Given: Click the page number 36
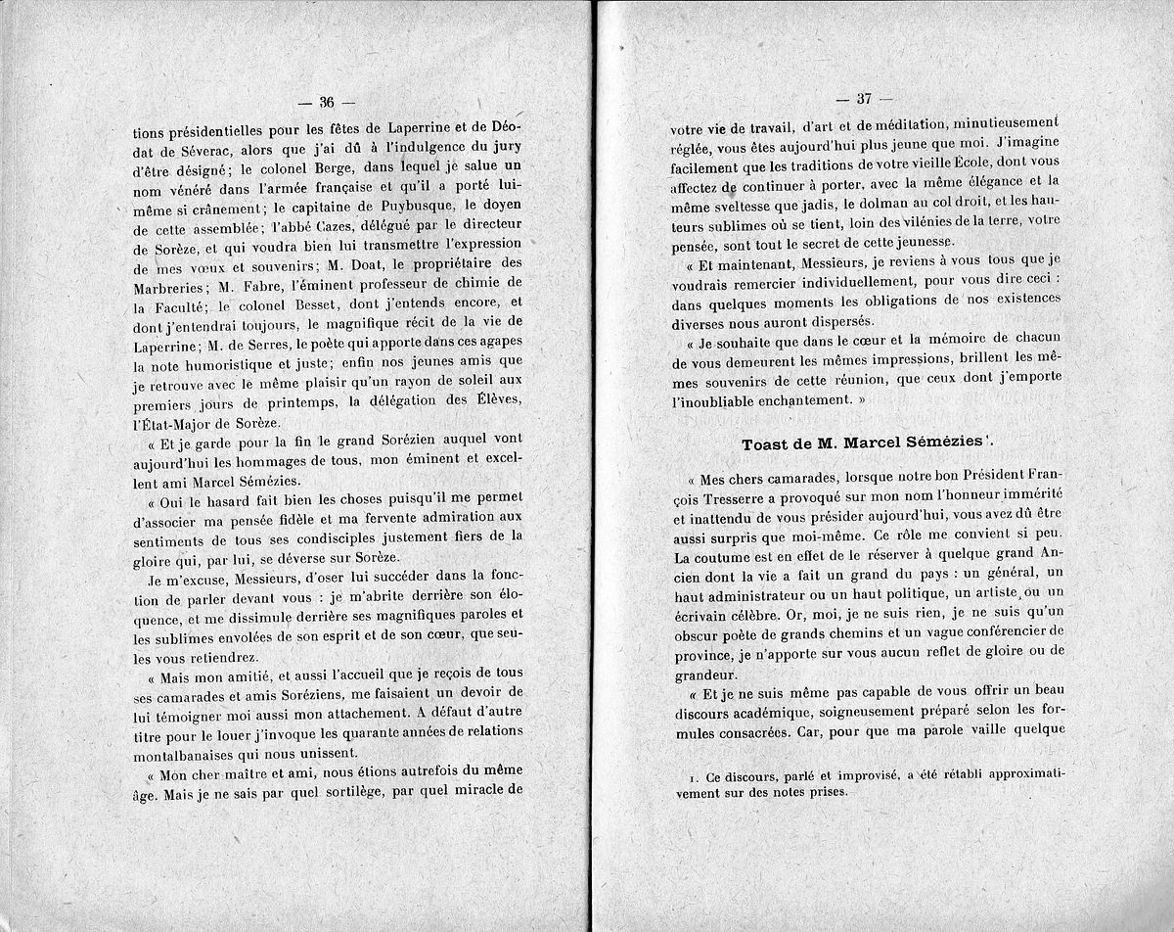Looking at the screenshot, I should coord(328,101).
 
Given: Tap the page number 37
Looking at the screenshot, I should coord(863,98).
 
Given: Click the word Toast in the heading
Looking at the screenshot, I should coord(766,443).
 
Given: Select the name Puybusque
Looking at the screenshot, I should coord(394,205).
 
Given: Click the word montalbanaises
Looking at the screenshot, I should coord(188,752).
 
